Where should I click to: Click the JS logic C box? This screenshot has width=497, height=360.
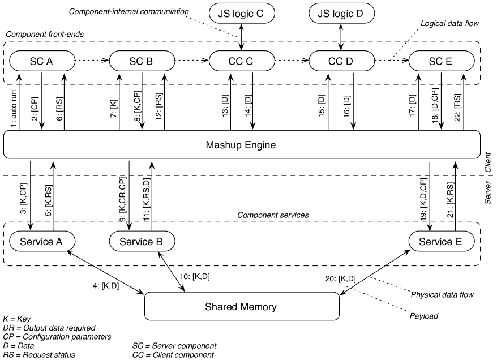tap(242, 14)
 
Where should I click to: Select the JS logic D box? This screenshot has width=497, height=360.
tap(341, 14)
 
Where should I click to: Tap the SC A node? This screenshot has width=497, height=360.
tap(42, 61)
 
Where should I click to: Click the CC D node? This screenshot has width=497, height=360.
tap(341, 61)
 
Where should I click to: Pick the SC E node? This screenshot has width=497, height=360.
tap(442, 61)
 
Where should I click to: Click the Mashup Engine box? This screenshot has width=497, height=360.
tap(242, 144)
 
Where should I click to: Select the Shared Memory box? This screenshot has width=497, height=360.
tap(242, 306)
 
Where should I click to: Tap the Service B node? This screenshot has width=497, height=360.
tap(142, 241)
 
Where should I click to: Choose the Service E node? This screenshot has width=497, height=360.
tap(442, 241)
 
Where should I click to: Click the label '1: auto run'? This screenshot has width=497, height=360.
tap(14, 109)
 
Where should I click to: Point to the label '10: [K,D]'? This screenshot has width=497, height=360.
tap(195, 276)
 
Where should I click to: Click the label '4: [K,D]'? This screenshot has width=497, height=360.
tap(106, 286)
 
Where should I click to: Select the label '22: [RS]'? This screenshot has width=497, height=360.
tap(457, 108)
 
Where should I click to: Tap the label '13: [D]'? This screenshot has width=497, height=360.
tap(225, 106)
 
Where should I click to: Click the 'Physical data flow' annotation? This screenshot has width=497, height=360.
tap(442, 295)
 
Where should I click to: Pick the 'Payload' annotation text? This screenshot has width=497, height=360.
tap(424, 316)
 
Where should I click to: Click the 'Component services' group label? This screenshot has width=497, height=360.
tap(273, 215)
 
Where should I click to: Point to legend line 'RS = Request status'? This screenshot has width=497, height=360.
tap(39, 354)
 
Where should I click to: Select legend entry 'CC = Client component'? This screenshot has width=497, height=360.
tap(173, 354)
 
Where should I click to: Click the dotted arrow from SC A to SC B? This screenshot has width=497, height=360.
tap(92, 61)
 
